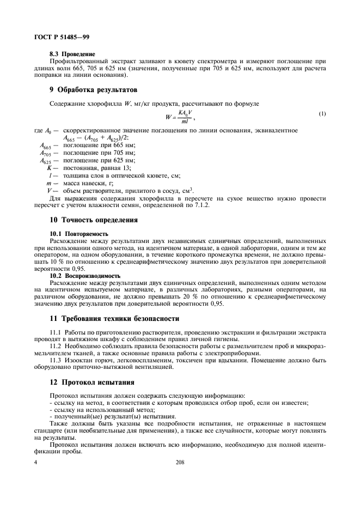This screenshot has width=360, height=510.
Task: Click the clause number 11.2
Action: click(56, 346)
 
